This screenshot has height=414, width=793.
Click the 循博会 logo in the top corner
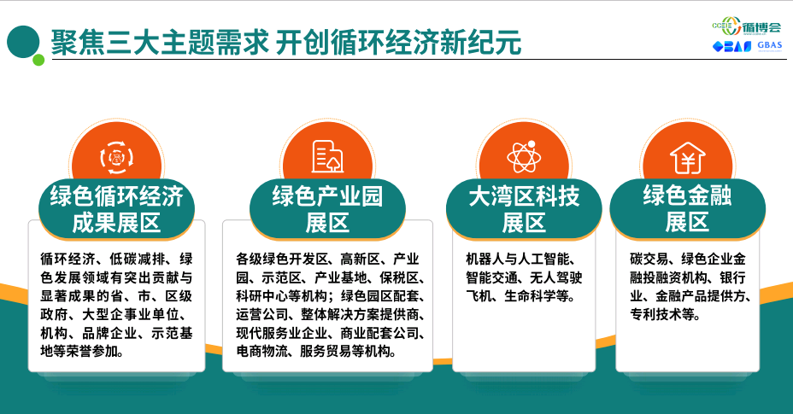pyautogui.click(x=747, y=26)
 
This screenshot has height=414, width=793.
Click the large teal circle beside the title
pyautogui.click(x=23, y=42)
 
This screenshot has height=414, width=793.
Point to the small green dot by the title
pyautogui.click(x=38, y=60)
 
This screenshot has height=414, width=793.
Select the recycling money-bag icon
pyautogui.click(x=117, y=158)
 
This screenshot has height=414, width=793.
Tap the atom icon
pyautogui.click(x=524, y=156)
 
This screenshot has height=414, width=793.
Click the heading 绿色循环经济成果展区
pyautogui.click(x=117, y=209)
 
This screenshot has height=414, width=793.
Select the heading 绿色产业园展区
pyautogui.click(x=327, y=209)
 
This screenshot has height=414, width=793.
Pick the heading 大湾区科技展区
pyautogui.click(x=524, y=209)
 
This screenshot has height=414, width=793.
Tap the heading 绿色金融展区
pyautogui.click(x=687, y=209)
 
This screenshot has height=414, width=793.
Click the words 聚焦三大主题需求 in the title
pyautogui.click(x=160, y=42)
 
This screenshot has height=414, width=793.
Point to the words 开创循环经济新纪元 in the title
pyautogui.click(x=399, y=42)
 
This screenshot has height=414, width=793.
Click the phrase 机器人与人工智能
pyautogui.click(x=520, y=259)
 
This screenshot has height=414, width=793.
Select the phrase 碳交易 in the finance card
pyautogui.click(x=649, y=259)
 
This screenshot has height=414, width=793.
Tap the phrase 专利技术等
pyautogui.click(x=665, y=314)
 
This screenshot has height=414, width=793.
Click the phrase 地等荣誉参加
pyautogui.click(x=82, y=352)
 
